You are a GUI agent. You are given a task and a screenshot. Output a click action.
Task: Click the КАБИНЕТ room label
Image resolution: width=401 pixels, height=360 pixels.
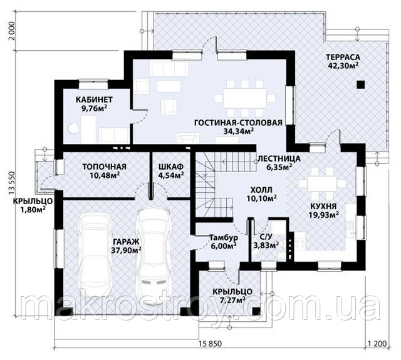click(94, 100)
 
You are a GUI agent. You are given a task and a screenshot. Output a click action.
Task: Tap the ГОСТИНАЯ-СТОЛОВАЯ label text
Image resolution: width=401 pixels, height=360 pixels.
click(238, 123)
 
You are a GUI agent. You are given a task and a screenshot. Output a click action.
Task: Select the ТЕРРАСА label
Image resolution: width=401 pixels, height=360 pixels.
click(343, 57)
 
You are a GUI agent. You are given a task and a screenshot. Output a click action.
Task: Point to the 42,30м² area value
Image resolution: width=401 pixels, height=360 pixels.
click(343, 66)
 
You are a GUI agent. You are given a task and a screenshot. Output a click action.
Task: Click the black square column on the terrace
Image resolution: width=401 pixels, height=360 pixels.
click(361, 85)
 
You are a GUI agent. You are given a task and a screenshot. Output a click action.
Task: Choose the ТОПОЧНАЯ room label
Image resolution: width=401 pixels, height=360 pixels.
click(105, 167)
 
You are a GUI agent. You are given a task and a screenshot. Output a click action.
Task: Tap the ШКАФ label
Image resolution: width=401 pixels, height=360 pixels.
click(171, 167)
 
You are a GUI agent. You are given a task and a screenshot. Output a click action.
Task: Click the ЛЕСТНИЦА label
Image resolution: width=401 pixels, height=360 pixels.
click(279, 158)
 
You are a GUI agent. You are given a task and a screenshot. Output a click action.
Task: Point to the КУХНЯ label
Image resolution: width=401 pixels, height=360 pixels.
click(323, 206)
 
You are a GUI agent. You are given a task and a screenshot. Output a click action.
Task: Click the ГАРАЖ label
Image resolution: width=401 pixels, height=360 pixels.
click(126, 242)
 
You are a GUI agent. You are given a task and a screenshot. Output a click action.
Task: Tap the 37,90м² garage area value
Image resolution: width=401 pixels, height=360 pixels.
click(127, 250)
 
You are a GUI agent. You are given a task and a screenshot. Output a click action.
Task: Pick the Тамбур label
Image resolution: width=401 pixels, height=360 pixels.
click(224, 238)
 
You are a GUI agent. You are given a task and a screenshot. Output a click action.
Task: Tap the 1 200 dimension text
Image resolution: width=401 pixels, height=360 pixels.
click(377, 343)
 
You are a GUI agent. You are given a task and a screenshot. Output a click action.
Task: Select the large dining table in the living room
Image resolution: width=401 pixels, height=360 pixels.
click(244, 98)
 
